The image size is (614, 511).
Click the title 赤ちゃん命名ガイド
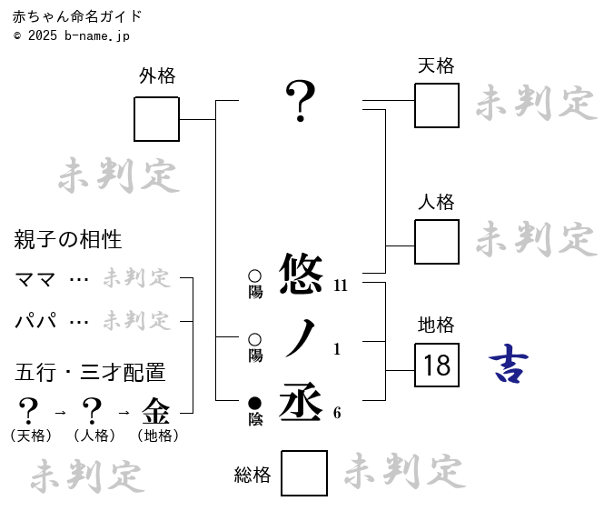[77, 16]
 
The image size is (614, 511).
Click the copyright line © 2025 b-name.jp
[72, 35]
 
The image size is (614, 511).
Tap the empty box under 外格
[156, 119]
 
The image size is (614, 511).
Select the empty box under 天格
[436, 105]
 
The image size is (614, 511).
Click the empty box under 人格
[436, 242]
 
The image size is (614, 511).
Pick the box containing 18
[437, 366]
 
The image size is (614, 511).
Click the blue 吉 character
[509, 365]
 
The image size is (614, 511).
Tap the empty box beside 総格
[303, 473]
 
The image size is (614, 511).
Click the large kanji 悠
[301, 274]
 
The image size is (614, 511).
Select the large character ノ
[301, 338]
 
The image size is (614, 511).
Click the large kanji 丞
[301, 401]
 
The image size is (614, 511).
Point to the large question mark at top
[301, 100]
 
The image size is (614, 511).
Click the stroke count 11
[341, 286]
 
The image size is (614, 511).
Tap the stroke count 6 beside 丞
[337, 413]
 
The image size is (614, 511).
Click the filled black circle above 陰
[254, 403]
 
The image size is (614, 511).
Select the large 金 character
[156, 411]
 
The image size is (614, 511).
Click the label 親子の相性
[68, 240]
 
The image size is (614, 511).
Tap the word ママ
[36, 279]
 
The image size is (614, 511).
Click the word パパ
[36, 321]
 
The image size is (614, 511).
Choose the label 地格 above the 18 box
[436, 325]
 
